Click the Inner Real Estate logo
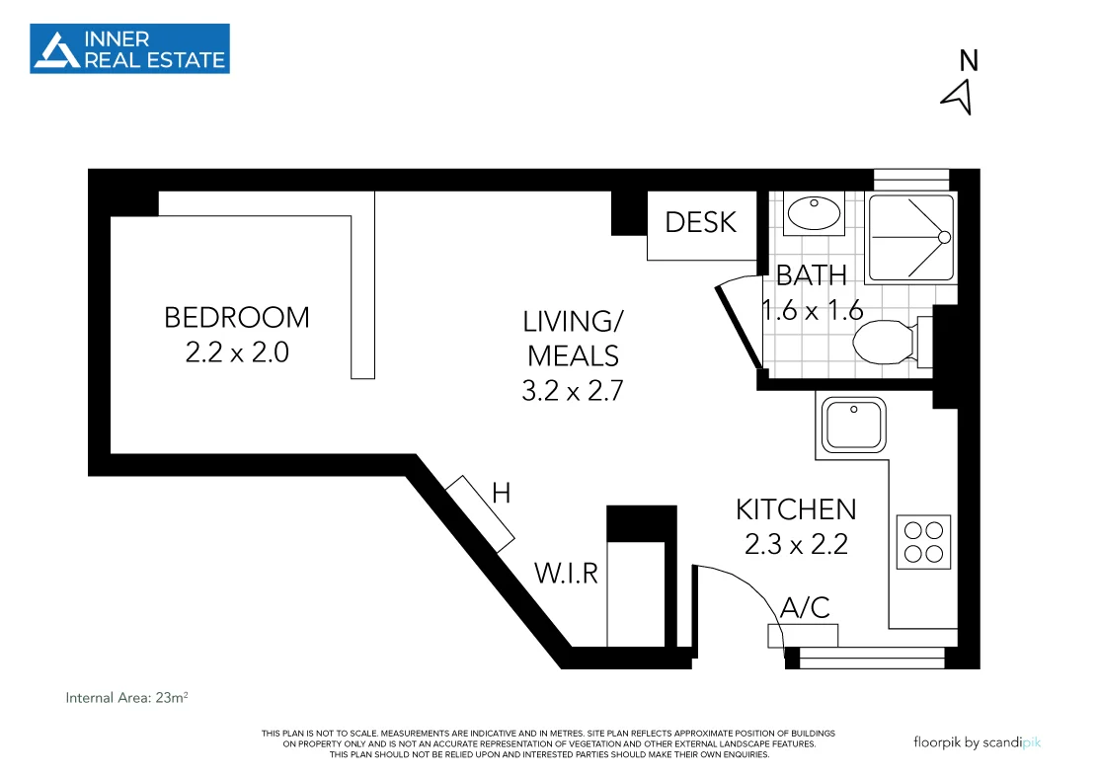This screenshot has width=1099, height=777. pos(129,48)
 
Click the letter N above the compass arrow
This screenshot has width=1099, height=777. pos(969,61)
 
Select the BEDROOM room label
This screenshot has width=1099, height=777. pos(237,317)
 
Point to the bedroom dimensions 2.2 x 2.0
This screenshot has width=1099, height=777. pos(237,351)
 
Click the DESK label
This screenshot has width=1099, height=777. pos(700,222)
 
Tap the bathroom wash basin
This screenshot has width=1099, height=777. pos(814,212)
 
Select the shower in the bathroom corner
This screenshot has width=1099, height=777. pos(911,238)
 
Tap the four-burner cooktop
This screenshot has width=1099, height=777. pos(924,542)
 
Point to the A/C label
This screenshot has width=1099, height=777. pos(805,607)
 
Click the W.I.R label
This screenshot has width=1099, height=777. pos(567,573)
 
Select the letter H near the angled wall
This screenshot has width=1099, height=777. pos(502,494)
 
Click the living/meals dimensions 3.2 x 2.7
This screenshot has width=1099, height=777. pos(573,390)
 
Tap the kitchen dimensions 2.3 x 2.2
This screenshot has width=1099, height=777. pos(796,544)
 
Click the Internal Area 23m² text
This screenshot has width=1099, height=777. pos(126,698)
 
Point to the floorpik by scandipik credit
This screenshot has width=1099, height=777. pos(977,742)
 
